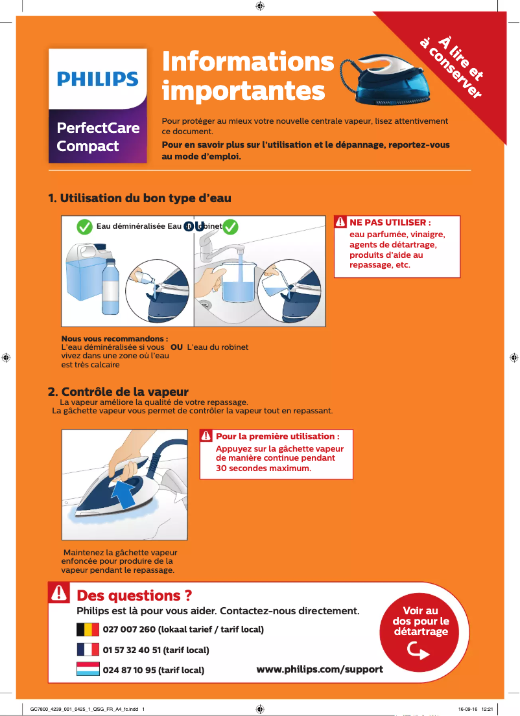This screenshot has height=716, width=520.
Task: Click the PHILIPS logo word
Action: (x=98, y=79)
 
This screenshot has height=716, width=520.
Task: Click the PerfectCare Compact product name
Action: (x=98, y=136)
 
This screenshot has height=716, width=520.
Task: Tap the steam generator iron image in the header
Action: (x=389, y=81)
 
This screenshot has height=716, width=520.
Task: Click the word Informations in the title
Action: (x=248, y=62)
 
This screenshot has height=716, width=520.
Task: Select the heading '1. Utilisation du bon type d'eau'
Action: (x=140, y=198)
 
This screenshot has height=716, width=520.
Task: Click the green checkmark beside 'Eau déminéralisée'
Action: (x=84, y=227)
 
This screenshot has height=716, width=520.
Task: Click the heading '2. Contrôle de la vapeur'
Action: (x=119, y=392)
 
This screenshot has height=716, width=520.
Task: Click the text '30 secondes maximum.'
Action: (x=263, y=468)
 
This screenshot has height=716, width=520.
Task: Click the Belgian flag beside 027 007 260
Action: (x=88, y=629)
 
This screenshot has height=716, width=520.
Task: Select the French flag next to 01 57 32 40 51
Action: (x=88, y=649)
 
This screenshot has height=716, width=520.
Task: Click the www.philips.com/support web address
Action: (x=320, y=669)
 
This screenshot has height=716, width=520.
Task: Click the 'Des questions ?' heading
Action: (x=134, y=595)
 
